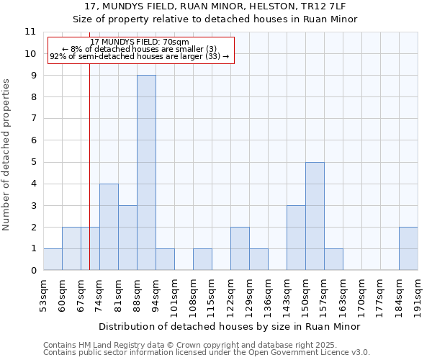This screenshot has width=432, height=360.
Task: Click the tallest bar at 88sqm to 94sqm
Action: pos(146,173)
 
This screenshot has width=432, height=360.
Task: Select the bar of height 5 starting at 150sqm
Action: pos(315,216)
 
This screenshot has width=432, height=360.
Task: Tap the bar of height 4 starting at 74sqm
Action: pos(109,227)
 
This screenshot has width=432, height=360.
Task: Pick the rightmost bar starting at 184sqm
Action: pos(408,248)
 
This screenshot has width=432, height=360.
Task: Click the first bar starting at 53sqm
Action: pos(53,259)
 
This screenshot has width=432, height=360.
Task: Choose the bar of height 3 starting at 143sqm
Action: pos(296,238)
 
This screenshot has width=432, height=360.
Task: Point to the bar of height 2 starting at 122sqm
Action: pos(240,248)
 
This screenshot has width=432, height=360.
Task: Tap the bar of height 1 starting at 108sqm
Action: pos(202,259)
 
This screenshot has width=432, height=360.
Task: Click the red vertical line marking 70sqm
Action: pos(89,158)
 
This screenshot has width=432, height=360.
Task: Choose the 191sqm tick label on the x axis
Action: pos(418,294)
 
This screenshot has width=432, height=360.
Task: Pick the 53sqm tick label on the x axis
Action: pos(44,294)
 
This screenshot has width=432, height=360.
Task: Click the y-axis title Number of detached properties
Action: pos(7,155)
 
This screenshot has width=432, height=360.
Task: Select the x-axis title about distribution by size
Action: pos(230,326)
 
